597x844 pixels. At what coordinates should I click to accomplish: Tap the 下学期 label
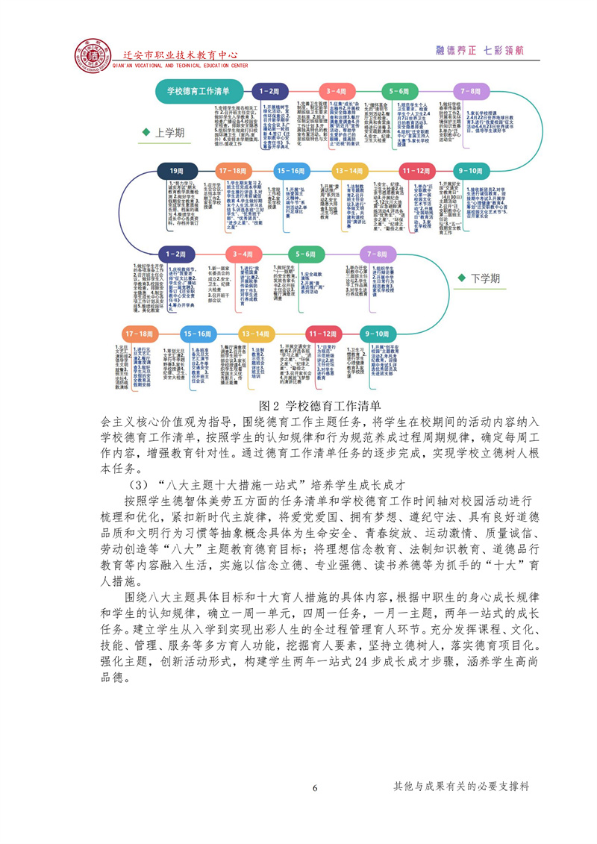pyautogui.click(x=485, y=278)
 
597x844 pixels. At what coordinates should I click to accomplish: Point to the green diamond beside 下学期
pyautogui.click(x=460, y=278)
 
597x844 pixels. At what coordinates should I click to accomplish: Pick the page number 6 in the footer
pyautogui.click(x=315, y=788)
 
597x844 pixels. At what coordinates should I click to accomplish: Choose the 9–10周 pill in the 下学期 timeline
pyautogui.click(x=381, y=333)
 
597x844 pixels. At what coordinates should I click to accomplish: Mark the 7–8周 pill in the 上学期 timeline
pyautogui.click(x=470, y=90)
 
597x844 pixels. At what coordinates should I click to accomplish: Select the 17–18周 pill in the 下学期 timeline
pyautogui.click(x=140, y=333)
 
